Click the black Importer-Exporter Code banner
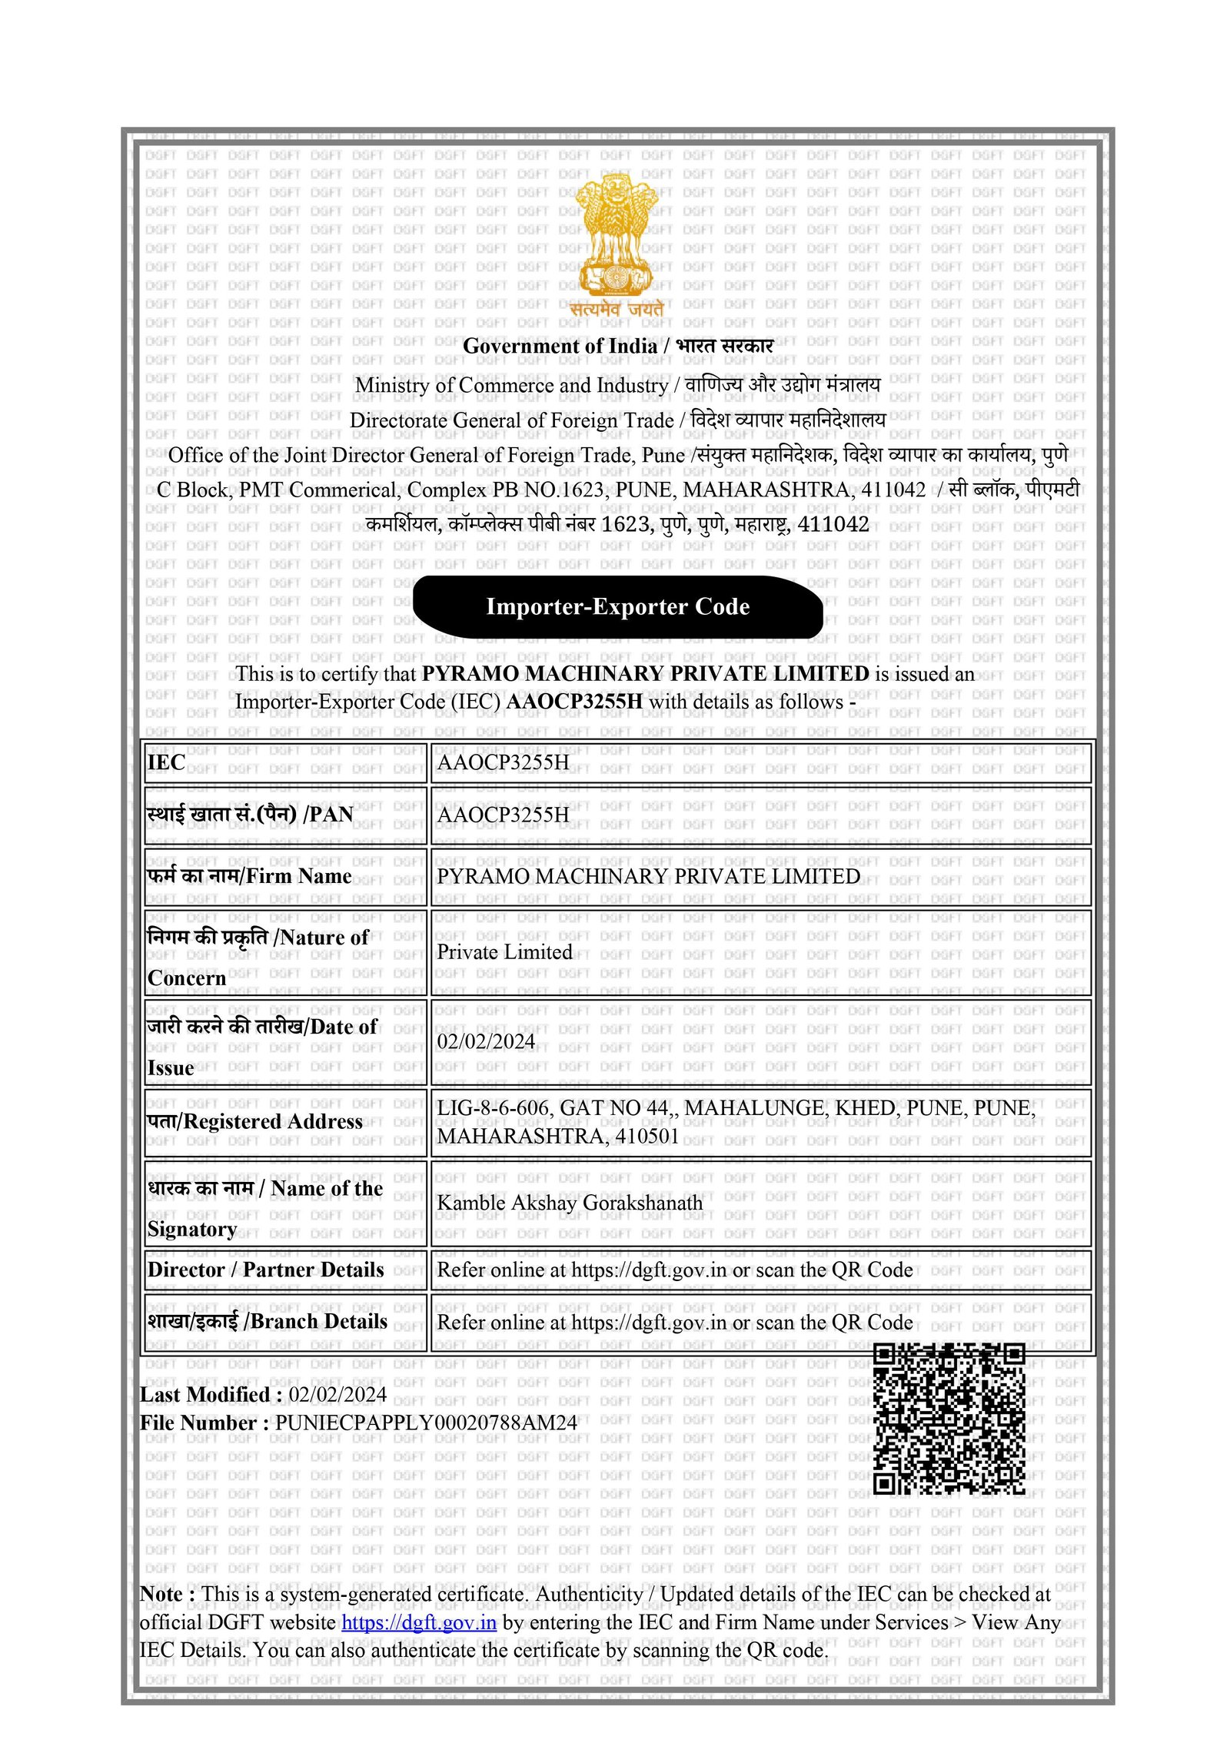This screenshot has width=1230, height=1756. (617, 606)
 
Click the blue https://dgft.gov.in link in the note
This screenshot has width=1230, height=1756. (419, 1622)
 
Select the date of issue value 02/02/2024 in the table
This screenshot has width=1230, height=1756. (485, 1041)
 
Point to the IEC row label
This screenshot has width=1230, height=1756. (167, 762)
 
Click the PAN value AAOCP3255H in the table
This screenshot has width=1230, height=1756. (503, 815)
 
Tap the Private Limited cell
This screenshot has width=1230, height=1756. (504, 952)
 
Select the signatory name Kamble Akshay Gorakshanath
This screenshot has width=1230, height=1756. (570, 1203)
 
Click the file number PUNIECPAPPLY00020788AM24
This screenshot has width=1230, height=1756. (426, 1422)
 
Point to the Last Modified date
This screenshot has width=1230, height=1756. (337, 1394)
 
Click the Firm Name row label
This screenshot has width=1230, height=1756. (250, 876)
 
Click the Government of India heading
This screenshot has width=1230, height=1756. (560, 346)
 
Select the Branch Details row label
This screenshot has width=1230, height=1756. (268, 1321)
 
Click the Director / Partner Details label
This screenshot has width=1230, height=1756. (265, 1270)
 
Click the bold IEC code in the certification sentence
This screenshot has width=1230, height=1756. (573, 702)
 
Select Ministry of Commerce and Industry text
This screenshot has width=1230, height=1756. (511, 385)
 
